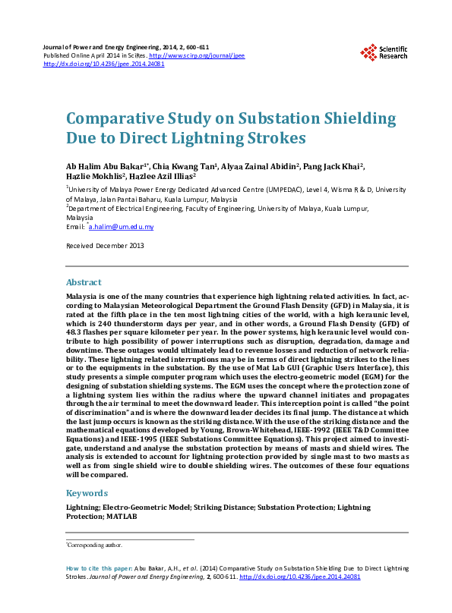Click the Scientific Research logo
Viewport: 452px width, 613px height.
(384, 52)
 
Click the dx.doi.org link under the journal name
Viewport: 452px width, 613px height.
(103, 64)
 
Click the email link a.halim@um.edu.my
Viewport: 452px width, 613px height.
(122, 227)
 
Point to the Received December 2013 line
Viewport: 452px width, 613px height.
(105, 246)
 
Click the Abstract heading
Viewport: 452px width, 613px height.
(84, 282)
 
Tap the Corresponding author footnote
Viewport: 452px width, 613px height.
(94, 545)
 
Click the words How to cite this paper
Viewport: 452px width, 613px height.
(99, 567)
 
